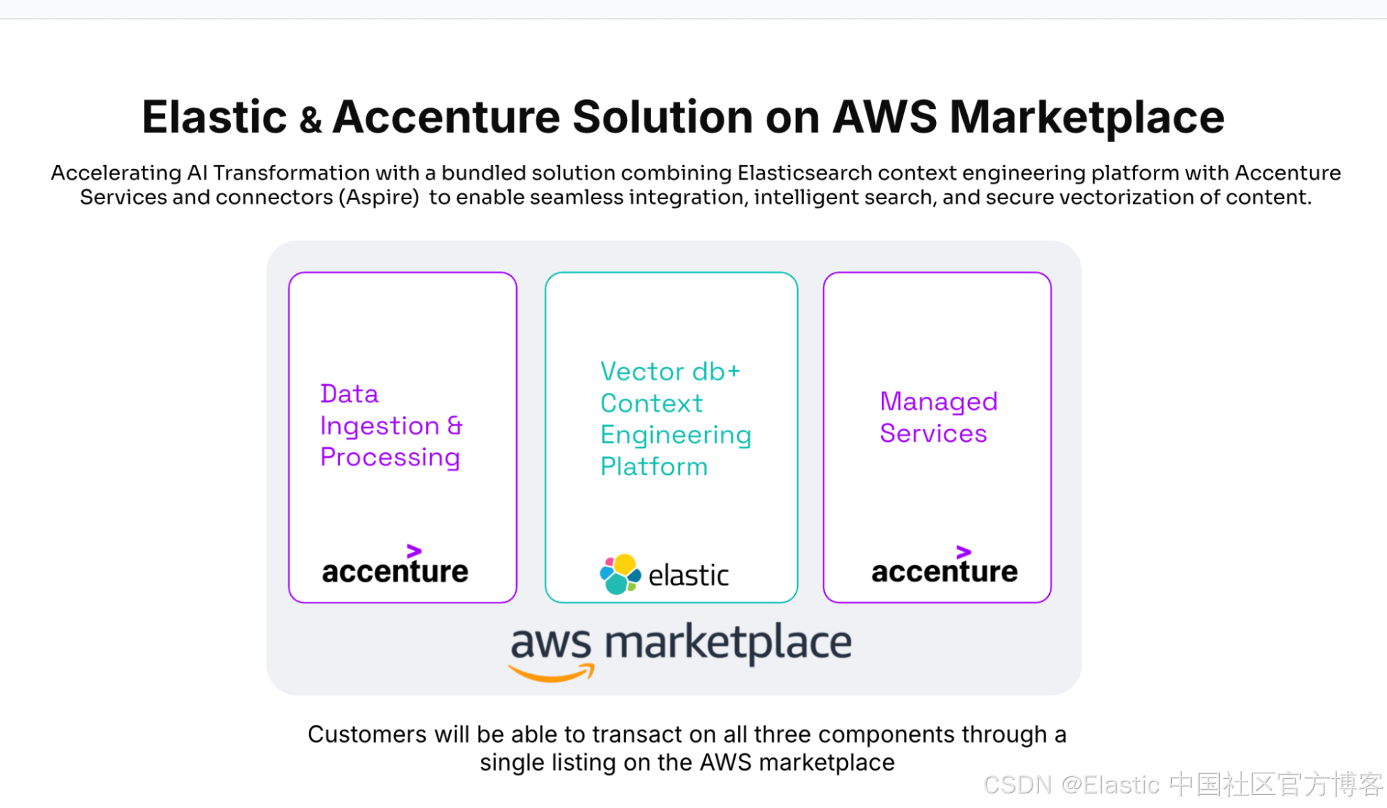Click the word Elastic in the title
click(214, 117)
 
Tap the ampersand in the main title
click(310, 120)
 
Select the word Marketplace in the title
click(1087, 117)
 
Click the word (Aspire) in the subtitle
click(379, 197)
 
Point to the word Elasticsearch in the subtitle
click(805, 172)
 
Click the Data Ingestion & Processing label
click(391, 425)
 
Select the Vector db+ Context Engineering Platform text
click(675, 419)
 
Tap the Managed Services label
click(938, 417)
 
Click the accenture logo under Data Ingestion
click(395, 571)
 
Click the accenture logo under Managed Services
click(944, 571)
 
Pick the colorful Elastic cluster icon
click(620, 574)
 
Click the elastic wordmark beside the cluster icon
click(688, 576)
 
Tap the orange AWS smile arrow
click(552, 673)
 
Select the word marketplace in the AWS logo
click(728, 643)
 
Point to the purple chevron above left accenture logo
click(414, 551)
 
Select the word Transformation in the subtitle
click(291, 172)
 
